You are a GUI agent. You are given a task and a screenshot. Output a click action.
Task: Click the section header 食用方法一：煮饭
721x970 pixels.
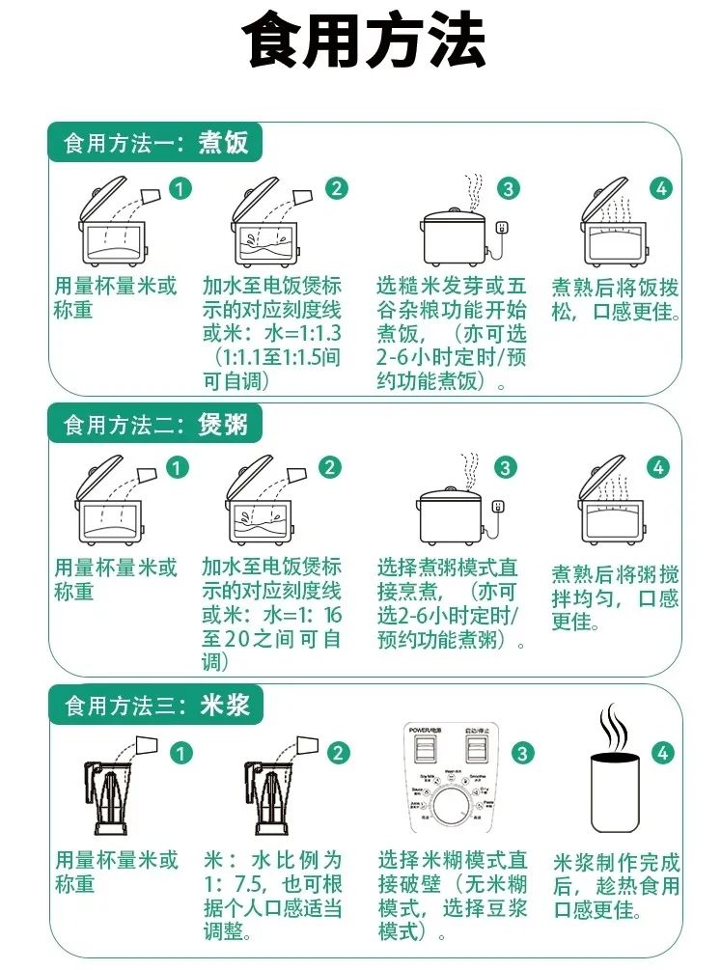pyautogui.click(x=155, y=144)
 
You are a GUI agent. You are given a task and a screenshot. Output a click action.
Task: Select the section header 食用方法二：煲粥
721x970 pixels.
pyautogui.click(x=155, y=424)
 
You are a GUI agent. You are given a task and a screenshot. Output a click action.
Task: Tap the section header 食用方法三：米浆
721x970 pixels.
pyautogui.click(x=155, y=706)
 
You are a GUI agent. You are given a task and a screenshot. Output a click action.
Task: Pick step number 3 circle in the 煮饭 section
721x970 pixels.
pyautogui.click(x=508, y=189)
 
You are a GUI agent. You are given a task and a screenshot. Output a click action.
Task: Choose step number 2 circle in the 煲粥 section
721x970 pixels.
pyautogui.click(x=330, y=468)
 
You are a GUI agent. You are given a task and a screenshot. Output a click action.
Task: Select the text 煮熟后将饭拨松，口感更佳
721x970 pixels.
pyautogui.click(x=615, y=300)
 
